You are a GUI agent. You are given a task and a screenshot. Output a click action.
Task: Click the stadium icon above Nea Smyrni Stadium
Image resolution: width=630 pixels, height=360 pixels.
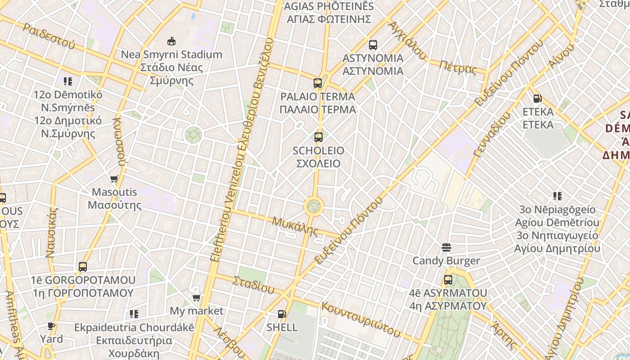pos(171,41)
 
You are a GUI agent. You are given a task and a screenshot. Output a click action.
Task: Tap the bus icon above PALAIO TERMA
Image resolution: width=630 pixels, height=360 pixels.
pos(318,83)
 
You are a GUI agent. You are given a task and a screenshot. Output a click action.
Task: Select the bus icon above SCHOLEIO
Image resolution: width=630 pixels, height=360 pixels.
pos(319,137)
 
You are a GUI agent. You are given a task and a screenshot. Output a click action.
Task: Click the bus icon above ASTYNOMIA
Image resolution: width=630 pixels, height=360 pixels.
pos(373,45)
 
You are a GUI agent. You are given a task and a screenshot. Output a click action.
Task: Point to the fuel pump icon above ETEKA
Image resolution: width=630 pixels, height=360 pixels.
pos(537,98)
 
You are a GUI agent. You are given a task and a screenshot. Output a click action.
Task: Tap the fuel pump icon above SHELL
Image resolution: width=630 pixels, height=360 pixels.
pos(282,314)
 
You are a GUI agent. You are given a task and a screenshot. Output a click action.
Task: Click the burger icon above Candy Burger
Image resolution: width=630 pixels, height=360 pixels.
pos(446,247)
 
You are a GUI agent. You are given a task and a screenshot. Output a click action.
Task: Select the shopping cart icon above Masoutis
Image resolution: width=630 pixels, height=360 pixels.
pos(114,179)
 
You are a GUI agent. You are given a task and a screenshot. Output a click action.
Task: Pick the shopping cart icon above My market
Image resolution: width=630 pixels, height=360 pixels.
pos(196,297)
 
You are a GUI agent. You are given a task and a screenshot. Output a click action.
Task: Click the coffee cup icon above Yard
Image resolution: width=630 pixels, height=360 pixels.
pos(51,326)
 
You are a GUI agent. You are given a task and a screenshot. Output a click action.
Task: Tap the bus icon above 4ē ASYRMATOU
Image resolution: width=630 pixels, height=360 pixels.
pos(448,279)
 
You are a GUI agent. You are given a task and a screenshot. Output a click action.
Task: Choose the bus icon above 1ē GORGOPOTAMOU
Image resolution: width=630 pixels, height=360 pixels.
pos(83,266)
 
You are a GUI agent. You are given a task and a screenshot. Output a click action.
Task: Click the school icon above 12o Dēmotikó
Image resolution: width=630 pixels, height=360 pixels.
pos(68,81)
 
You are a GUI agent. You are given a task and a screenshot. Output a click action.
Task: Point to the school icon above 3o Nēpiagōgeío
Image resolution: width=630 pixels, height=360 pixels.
pos(558,196)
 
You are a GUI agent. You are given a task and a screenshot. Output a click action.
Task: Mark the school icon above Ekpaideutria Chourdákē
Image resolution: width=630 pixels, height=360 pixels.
pos(134,314)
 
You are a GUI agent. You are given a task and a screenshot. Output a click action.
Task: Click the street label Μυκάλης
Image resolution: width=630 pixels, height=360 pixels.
pos(295,226)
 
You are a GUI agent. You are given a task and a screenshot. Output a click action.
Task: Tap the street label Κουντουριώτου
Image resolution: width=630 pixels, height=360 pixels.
pos(361,319)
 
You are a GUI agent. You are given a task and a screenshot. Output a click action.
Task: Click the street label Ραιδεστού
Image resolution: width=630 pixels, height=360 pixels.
pos(49,36)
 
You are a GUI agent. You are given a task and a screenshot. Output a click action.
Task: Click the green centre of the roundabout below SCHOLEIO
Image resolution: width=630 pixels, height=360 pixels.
pos(314,207)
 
